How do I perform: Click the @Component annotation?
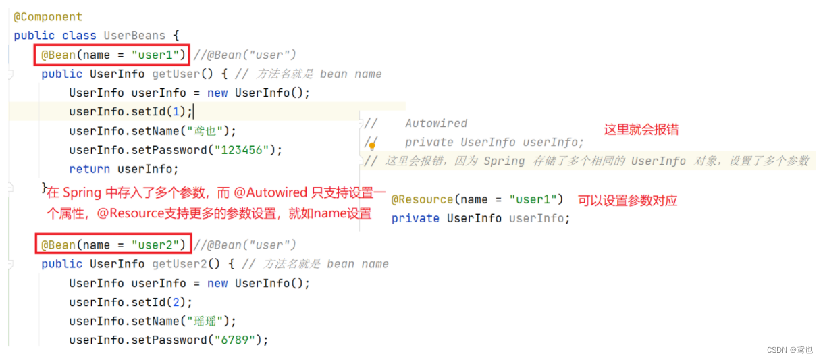[x=48, y=17]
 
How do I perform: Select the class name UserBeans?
[x=131, y=36]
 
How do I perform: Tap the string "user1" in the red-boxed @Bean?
[x=155, y=55]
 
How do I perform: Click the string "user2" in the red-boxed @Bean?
[x=159, y=245]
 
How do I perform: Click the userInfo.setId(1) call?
[x=130, y=112]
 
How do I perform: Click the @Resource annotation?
[x=422, y=199]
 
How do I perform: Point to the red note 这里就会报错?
[x=641, y=130]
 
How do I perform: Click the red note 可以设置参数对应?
[x=627, y=200]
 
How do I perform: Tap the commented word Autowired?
[x=436, y=124]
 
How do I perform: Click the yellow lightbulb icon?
[x=371, y=144]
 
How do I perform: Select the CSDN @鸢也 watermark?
[x=790, y=350]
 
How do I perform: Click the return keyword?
[x=90, y=169]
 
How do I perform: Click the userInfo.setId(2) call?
[x=130, y=302]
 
